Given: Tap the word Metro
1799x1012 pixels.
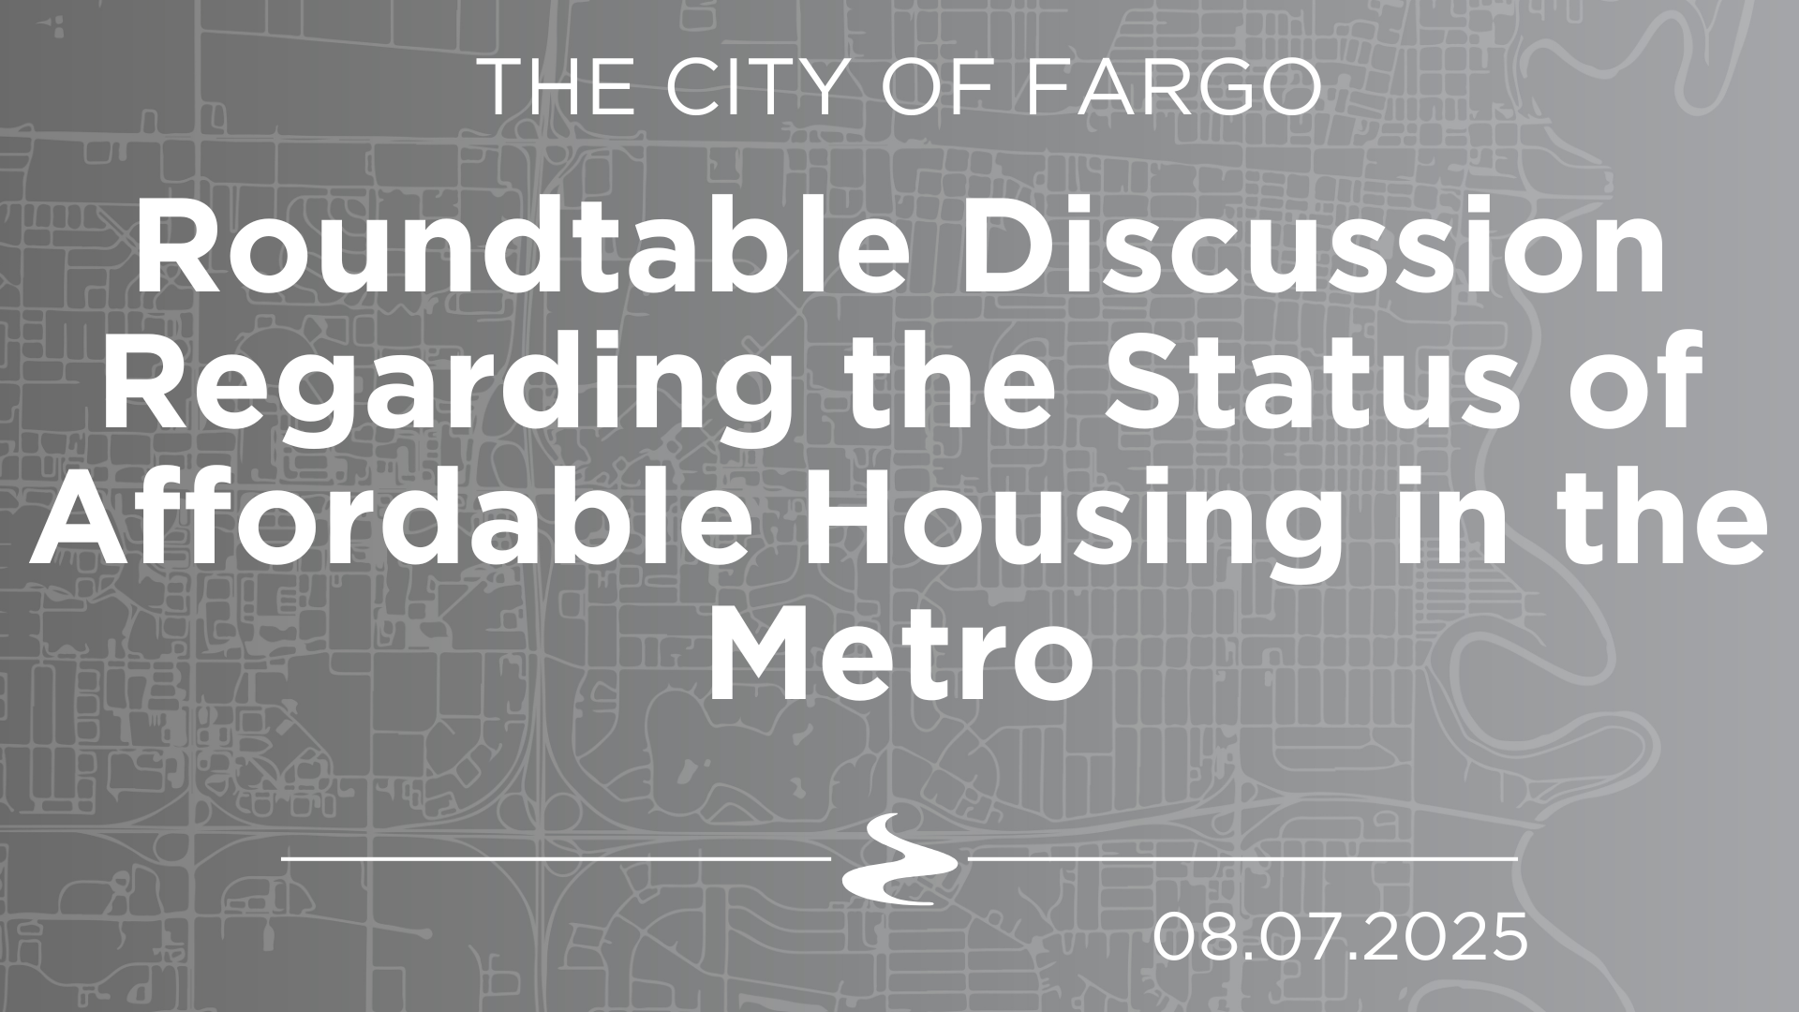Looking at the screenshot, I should [899, 657].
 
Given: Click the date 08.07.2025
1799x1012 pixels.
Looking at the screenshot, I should [1340, 937].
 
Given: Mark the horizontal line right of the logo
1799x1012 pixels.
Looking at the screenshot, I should [1242, 857].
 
